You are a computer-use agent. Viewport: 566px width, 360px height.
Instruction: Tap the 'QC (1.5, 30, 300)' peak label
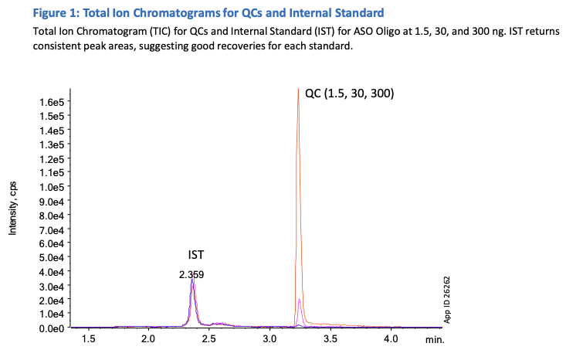[349, 93]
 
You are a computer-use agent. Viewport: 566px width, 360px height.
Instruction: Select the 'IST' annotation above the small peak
[196, 254]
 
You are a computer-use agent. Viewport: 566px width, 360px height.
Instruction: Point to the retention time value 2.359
[191, 274]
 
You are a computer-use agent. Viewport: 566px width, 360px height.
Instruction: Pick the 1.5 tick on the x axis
[88, 339]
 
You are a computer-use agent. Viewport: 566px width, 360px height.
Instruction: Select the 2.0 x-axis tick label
[148, 339]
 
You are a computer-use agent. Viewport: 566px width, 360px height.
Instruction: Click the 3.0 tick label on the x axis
[269, 339]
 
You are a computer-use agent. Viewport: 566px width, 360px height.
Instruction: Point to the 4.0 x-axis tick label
[391, 339]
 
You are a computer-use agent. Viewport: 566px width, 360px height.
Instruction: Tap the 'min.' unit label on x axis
[434, 339]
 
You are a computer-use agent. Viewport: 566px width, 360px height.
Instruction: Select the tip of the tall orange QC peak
[298, 89]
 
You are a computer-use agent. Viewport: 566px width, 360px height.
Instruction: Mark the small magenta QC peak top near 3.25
[300, 299]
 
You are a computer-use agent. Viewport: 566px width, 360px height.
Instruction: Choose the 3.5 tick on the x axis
[330, 339]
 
